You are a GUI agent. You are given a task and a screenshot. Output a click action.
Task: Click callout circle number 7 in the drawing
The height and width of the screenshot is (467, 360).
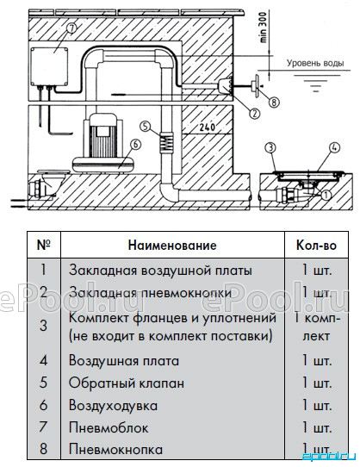click(x=71, y=29)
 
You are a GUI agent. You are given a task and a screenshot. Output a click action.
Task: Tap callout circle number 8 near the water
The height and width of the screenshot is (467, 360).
click(x=274, y=103)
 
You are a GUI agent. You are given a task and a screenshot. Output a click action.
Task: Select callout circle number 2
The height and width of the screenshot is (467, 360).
click(x=254, y=113)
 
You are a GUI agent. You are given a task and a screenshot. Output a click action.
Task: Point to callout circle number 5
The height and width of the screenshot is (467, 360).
click(x=145, y=127)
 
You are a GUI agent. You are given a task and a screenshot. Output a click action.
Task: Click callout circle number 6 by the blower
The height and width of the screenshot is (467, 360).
click(x=135, y=145)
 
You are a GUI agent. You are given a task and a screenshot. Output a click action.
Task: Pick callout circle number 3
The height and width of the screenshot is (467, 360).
click(x=270, y=148)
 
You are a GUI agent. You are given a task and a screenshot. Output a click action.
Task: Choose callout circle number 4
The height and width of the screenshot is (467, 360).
click(x=335, y=147)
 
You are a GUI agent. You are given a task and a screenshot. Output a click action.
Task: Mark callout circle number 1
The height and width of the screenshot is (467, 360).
click(x=326, y=195)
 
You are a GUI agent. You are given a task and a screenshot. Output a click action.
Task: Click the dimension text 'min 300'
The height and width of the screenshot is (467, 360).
click(x=264, y=28)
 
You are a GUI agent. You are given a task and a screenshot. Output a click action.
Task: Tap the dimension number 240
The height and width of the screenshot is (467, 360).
click(x=208, y=128)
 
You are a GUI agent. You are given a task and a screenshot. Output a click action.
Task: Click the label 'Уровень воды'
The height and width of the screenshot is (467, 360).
click(x=315, y=63)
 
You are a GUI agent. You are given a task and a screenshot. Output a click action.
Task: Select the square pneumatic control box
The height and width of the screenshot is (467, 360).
click(x=49, y=66)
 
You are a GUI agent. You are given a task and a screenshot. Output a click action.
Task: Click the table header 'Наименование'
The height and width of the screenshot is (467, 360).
click(x=172, y=245)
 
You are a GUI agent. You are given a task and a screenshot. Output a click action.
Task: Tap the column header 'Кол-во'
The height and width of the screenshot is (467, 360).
click(x=316, y=245)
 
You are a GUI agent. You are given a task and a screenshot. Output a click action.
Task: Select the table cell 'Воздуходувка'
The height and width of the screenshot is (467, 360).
click(x=113, y=405)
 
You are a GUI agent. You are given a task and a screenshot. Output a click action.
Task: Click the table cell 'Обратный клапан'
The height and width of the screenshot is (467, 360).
click(x=127, y=383)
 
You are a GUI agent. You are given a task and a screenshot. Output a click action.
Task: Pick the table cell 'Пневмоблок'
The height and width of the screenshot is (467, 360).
click(x=109, y=428)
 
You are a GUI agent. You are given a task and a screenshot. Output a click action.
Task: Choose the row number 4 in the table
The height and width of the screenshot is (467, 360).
click(x=43, y=361)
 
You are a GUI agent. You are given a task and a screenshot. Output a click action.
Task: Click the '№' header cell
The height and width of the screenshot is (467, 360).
click(x=44, y=245)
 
